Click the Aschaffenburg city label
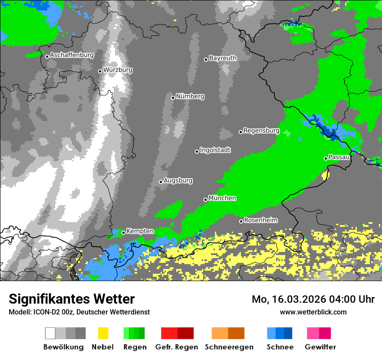[x=72, y=55]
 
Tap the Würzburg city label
[x=118, y=70]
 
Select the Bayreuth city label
[x=223, y=58]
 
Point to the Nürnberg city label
[x=190, y=96]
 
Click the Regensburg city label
[x=261, y=131]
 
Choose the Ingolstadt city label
[x=215, y=150]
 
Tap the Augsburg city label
[x=178, y=180]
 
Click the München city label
[x=222, y=198]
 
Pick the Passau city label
[x=339, y=157]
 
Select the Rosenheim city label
[x=261, y=220]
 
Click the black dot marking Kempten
[x=123, y=232]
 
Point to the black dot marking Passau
[x=326, y=158]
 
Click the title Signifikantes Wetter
[x=72, y=299]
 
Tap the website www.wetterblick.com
[x=313, y=312]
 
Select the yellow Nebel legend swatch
[x=103, y=333]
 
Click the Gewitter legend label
[x=320, y=347]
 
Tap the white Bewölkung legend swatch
[x=50, y=333]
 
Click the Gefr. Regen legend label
[x=177, y=347]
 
